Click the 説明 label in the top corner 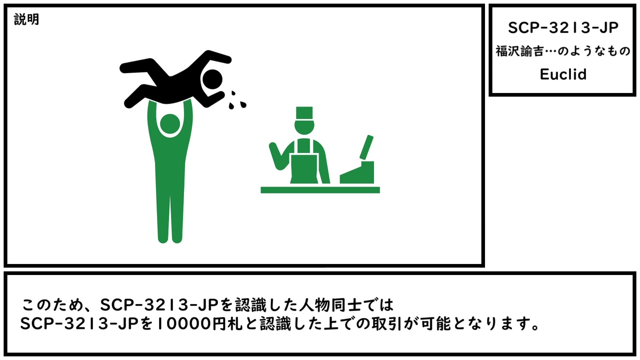click(x=26, y=19)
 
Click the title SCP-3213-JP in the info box click(x=563, y=27)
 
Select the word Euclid click(x=563, y=74)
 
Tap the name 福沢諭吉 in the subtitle click(x=519, y=51)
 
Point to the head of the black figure click(x=212, y=79)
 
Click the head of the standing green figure click(x=170, y=123)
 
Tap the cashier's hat click(x=304, y=113)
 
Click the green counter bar click(x=320, y=190)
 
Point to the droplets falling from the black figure click(x=237, y=101)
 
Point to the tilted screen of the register click(x=366, y=147)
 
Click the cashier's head click(x=304, y=126)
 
